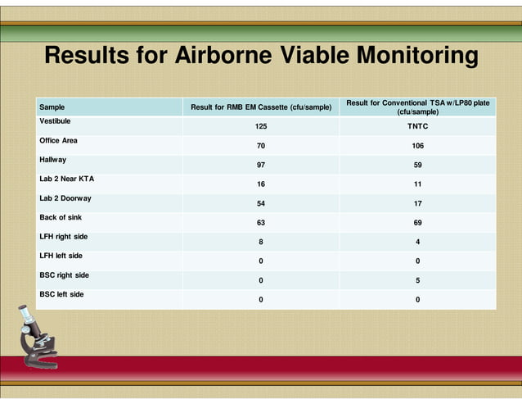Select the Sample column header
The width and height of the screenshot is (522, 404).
(52, 107)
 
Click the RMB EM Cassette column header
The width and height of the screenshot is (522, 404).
(261, 107)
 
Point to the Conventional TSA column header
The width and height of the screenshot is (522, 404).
(417, 107)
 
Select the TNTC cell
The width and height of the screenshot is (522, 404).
(417, 127)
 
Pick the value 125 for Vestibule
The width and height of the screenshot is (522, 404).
(261, 127)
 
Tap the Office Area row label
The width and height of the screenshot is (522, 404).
(58, 140)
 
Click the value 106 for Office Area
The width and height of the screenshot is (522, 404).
(417, 146)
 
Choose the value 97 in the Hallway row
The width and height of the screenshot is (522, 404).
(261, 166)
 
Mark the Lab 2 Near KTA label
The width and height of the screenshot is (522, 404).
(66, 179)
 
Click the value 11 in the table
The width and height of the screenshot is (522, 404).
(417, 184)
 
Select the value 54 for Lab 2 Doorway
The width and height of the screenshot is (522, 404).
(261, 203)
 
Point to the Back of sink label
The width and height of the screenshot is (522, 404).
(61, 217)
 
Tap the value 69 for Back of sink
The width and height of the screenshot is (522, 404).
(417, 223)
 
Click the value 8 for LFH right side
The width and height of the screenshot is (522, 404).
(261, 242)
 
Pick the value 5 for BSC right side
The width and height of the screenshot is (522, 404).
(417, 280)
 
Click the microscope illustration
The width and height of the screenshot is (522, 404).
(38, 336)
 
